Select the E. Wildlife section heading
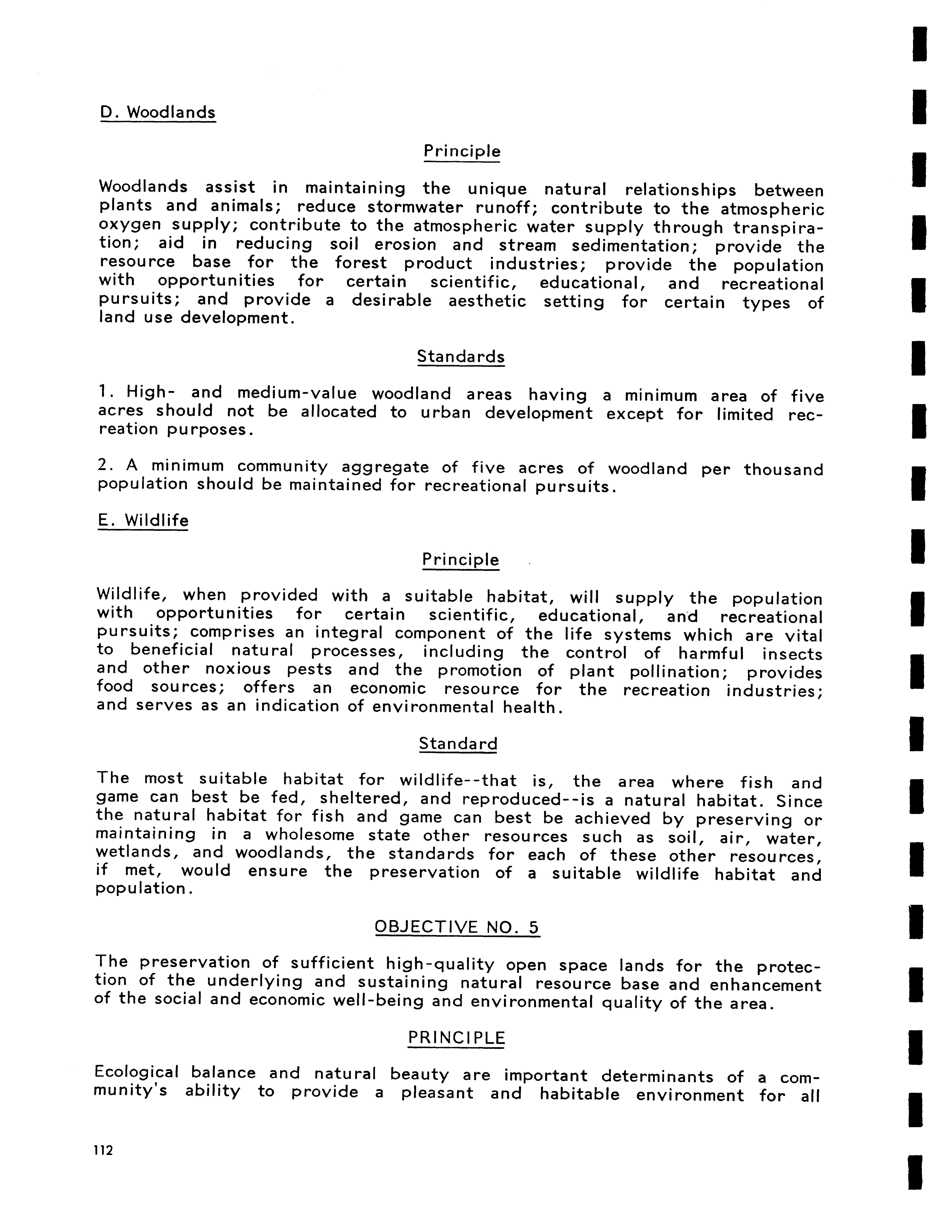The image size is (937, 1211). point(143,521)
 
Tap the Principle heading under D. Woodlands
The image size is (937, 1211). point(462,151)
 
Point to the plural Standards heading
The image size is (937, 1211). point(461,357)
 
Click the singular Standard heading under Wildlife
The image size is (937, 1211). point(458,744)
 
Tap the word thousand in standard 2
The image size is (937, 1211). point(783,470)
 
